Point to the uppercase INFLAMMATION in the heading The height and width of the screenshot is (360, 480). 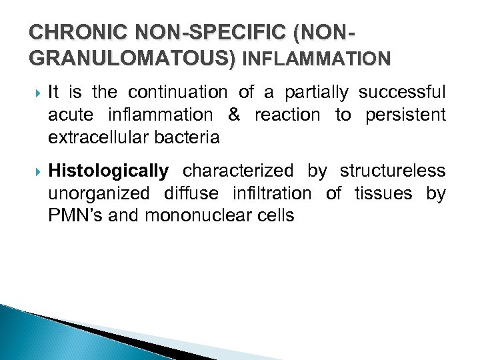tap(317, 59)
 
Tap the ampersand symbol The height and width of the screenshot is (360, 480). tap(233, 115)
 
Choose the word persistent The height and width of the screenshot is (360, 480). tap(405, 115)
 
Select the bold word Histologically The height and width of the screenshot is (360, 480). tap(108, 171)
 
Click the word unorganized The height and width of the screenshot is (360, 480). tap(98, 193)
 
